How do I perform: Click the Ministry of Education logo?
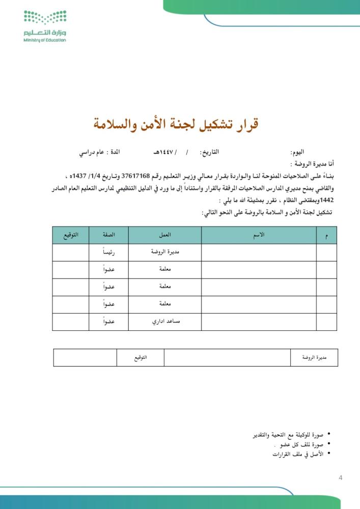[45, 25]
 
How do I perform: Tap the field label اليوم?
[297, 153]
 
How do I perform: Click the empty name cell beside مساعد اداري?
[259, 322]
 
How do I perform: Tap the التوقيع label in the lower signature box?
[141, 358]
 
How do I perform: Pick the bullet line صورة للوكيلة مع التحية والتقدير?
[288, 435]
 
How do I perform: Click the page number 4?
[340, 477]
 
